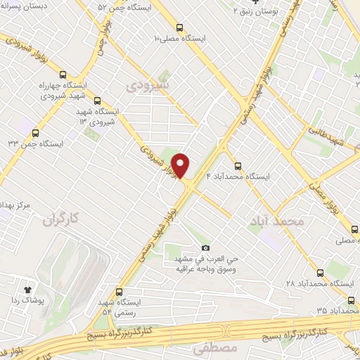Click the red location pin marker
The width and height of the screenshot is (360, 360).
coord(181,165)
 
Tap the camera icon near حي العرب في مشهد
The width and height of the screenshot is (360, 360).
coord(205,247)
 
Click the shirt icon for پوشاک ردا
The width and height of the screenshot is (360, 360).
coord(28,289)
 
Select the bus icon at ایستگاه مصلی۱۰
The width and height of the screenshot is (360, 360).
coord(180,27)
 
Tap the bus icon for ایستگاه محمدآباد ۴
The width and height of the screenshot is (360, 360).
coord(238,167)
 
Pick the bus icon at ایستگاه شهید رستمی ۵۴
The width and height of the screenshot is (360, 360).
coord(118,291)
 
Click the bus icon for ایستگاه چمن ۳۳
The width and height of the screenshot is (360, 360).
coord(35,132)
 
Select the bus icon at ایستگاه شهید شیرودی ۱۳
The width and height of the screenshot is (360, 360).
coord(96,101)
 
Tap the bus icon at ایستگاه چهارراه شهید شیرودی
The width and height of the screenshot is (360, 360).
coord(64,75)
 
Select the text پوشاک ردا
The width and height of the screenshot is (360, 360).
coord(28,300)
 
